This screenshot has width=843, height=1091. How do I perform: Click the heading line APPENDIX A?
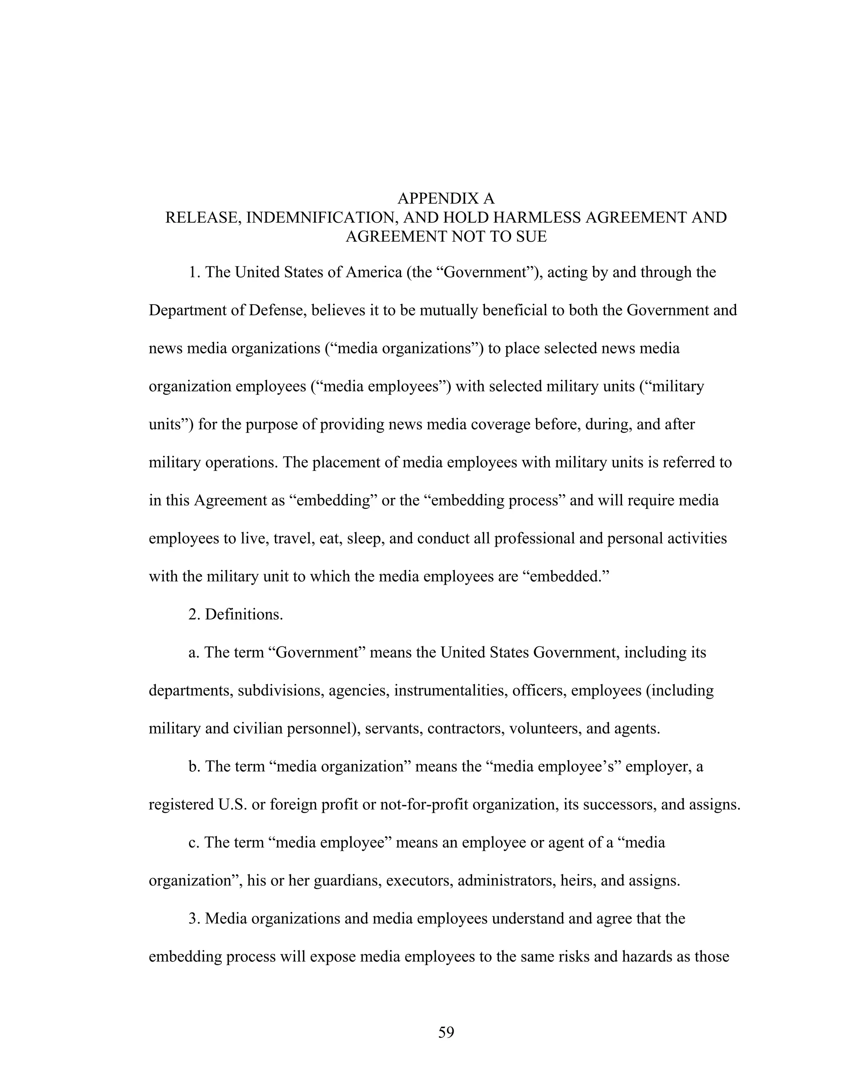coord(445,198)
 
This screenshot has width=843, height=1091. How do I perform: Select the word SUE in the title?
coord(531,236)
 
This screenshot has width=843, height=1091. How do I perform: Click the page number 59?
coord(446,1032)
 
